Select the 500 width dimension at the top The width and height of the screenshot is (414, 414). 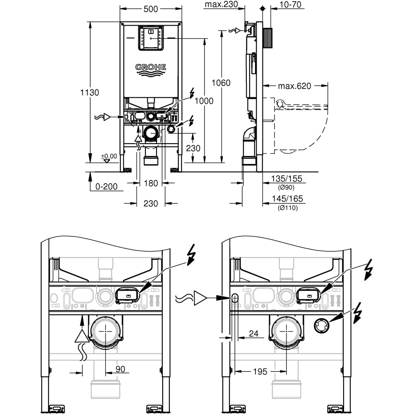(150, 9)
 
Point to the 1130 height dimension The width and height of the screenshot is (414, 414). (89, 93)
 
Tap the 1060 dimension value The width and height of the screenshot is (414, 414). (221, 83)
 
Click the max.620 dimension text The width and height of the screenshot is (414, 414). (294, 86)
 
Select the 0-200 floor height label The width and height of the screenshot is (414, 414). (106, 187)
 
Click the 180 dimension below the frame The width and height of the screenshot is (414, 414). (151, 183)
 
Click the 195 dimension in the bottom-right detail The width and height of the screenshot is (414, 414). (260, 372)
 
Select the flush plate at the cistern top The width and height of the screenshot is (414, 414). (151, 38)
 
